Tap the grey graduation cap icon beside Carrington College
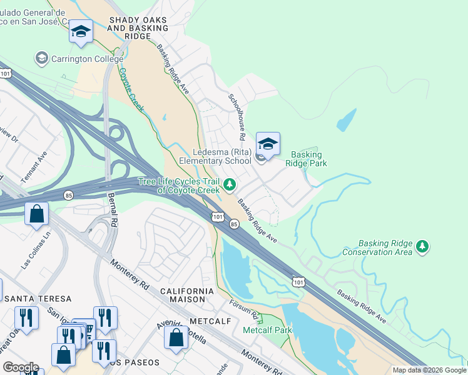click(42, 58)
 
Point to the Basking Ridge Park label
click(306, 159)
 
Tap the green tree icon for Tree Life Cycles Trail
click(230, 184)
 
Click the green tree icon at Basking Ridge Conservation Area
click(424, 247)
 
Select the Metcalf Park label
click(267, 329)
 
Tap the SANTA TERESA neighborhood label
click(38, 299)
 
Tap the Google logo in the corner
click(21, 367)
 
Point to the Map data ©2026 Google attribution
click(429, 369)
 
